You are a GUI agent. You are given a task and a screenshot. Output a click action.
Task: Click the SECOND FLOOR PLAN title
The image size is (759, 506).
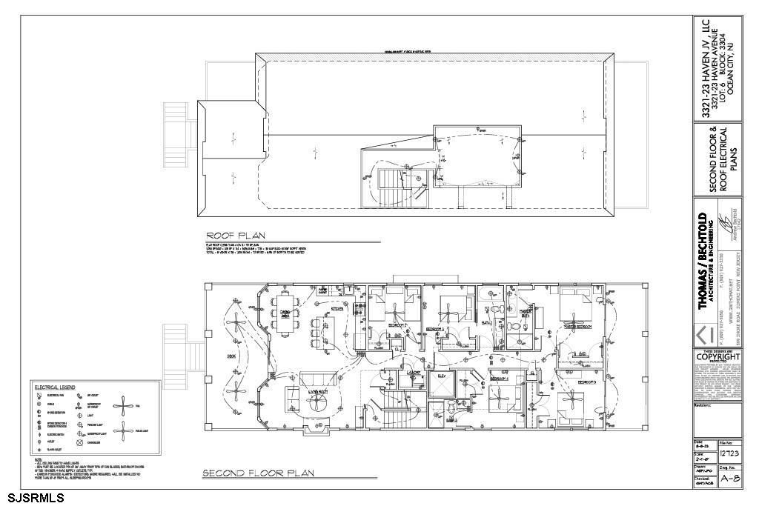(259, 473)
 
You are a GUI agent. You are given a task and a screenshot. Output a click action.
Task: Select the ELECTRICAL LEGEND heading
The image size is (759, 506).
(55, 387)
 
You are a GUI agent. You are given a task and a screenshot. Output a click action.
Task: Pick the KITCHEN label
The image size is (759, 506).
(337, 309)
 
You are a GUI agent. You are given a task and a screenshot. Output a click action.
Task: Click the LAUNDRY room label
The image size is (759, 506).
(413, 373)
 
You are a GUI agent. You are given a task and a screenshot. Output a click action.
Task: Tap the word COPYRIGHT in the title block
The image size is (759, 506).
(717, 356)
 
